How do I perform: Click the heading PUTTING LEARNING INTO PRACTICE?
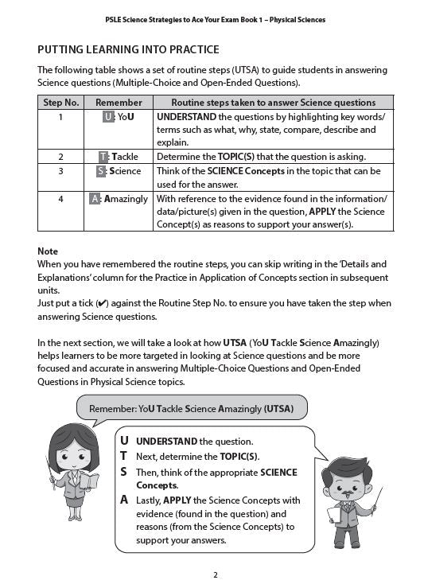point(128,49)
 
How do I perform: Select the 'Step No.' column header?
point(60,103)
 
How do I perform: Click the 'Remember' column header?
point(119,103)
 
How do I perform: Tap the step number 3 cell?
point(60,171)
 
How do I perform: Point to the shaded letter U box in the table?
point(108,117)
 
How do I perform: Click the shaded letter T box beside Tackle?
point(103,157)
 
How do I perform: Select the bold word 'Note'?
point(48,251)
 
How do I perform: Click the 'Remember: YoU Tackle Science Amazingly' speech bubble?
point(191,409)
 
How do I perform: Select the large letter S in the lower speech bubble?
point(123,472)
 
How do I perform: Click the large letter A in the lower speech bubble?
point(123,500)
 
